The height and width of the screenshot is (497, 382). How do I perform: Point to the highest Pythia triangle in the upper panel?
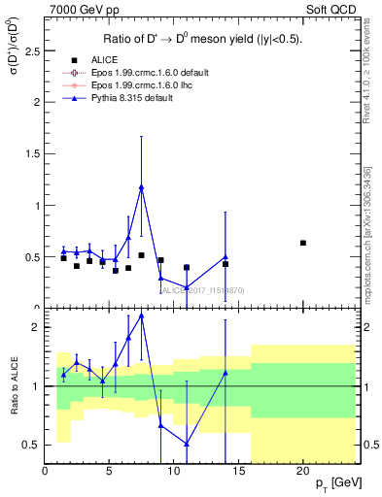coord(142,187)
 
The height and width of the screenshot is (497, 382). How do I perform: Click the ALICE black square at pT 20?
coord(303,243)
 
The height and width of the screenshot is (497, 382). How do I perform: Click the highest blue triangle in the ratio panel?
coord(142,315)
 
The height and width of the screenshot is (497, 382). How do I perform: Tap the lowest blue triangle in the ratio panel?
coord(187,444)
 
